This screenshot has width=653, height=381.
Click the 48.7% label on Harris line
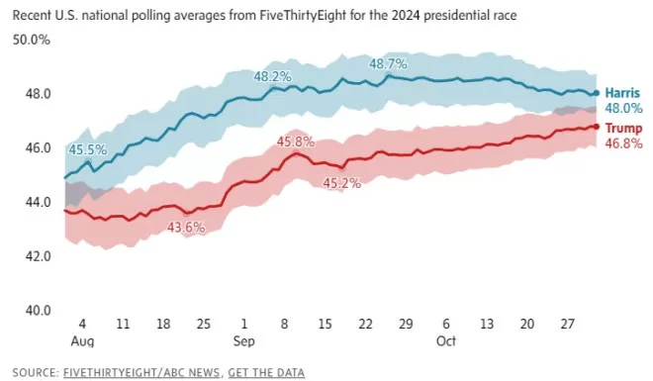point(388,63)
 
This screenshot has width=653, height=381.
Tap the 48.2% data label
point(273,76)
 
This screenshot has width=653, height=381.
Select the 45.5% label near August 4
point(88,149)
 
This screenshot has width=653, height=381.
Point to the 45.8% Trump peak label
point(296,142)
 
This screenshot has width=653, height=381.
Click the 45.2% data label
point(342,183)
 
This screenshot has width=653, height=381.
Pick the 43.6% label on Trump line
point(186,228)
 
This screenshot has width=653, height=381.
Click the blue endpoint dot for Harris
point(597,93)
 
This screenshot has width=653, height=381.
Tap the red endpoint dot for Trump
point(597,127)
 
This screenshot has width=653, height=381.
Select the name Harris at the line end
point(622,93)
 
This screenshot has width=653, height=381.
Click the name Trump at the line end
point(623,128)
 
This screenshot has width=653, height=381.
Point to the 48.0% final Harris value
point(624,108)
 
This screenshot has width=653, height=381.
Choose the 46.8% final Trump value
point(624,143)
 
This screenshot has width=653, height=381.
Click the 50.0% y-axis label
point(32,40)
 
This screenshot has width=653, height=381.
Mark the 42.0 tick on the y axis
point(39,256)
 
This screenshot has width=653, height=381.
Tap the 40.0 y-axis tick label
point(39,310)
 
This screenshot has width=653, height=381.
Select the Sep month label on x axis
point(244,341)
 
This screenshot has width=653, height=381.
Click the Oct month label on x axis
point(446,341)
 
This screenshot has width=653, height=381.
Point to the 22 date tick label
point(365,324)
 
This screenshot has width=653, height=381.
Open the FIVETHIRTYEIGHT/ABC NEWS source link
point(141,372)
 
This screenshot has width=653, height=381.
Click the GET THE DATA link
point(266,372)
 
